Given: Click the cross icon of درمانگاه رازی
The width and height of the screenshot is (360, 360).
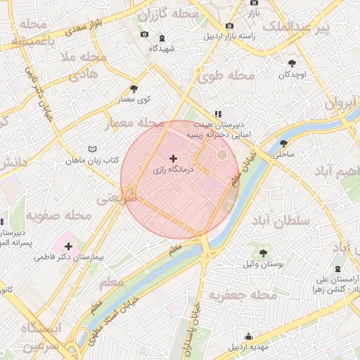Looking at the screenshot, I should tap(174, 160).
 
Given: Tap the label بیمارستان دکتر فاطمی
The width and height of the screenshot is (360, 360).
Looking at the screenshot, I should tap(69, 257).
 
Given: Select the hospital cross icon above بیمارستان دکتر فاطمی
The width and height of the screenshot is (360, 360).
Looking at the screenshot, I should tap(68, 246).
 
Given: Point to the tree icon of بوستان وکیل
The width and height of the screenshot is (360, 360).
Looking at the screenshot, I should tap(263, 252).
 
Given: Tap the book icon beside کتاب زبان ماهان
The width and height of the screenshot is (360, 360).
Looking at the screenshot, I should tap(92, 150).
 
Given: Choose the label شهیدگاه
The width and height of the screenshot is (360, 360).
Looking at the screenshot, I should tap(162, 49).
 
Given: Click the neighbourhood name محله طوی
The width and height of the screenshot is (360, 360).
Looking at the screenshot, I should tap(232, 75).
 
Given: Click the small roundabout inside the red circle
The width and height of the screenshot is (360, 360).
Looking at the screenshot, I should tap(222, 154).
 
